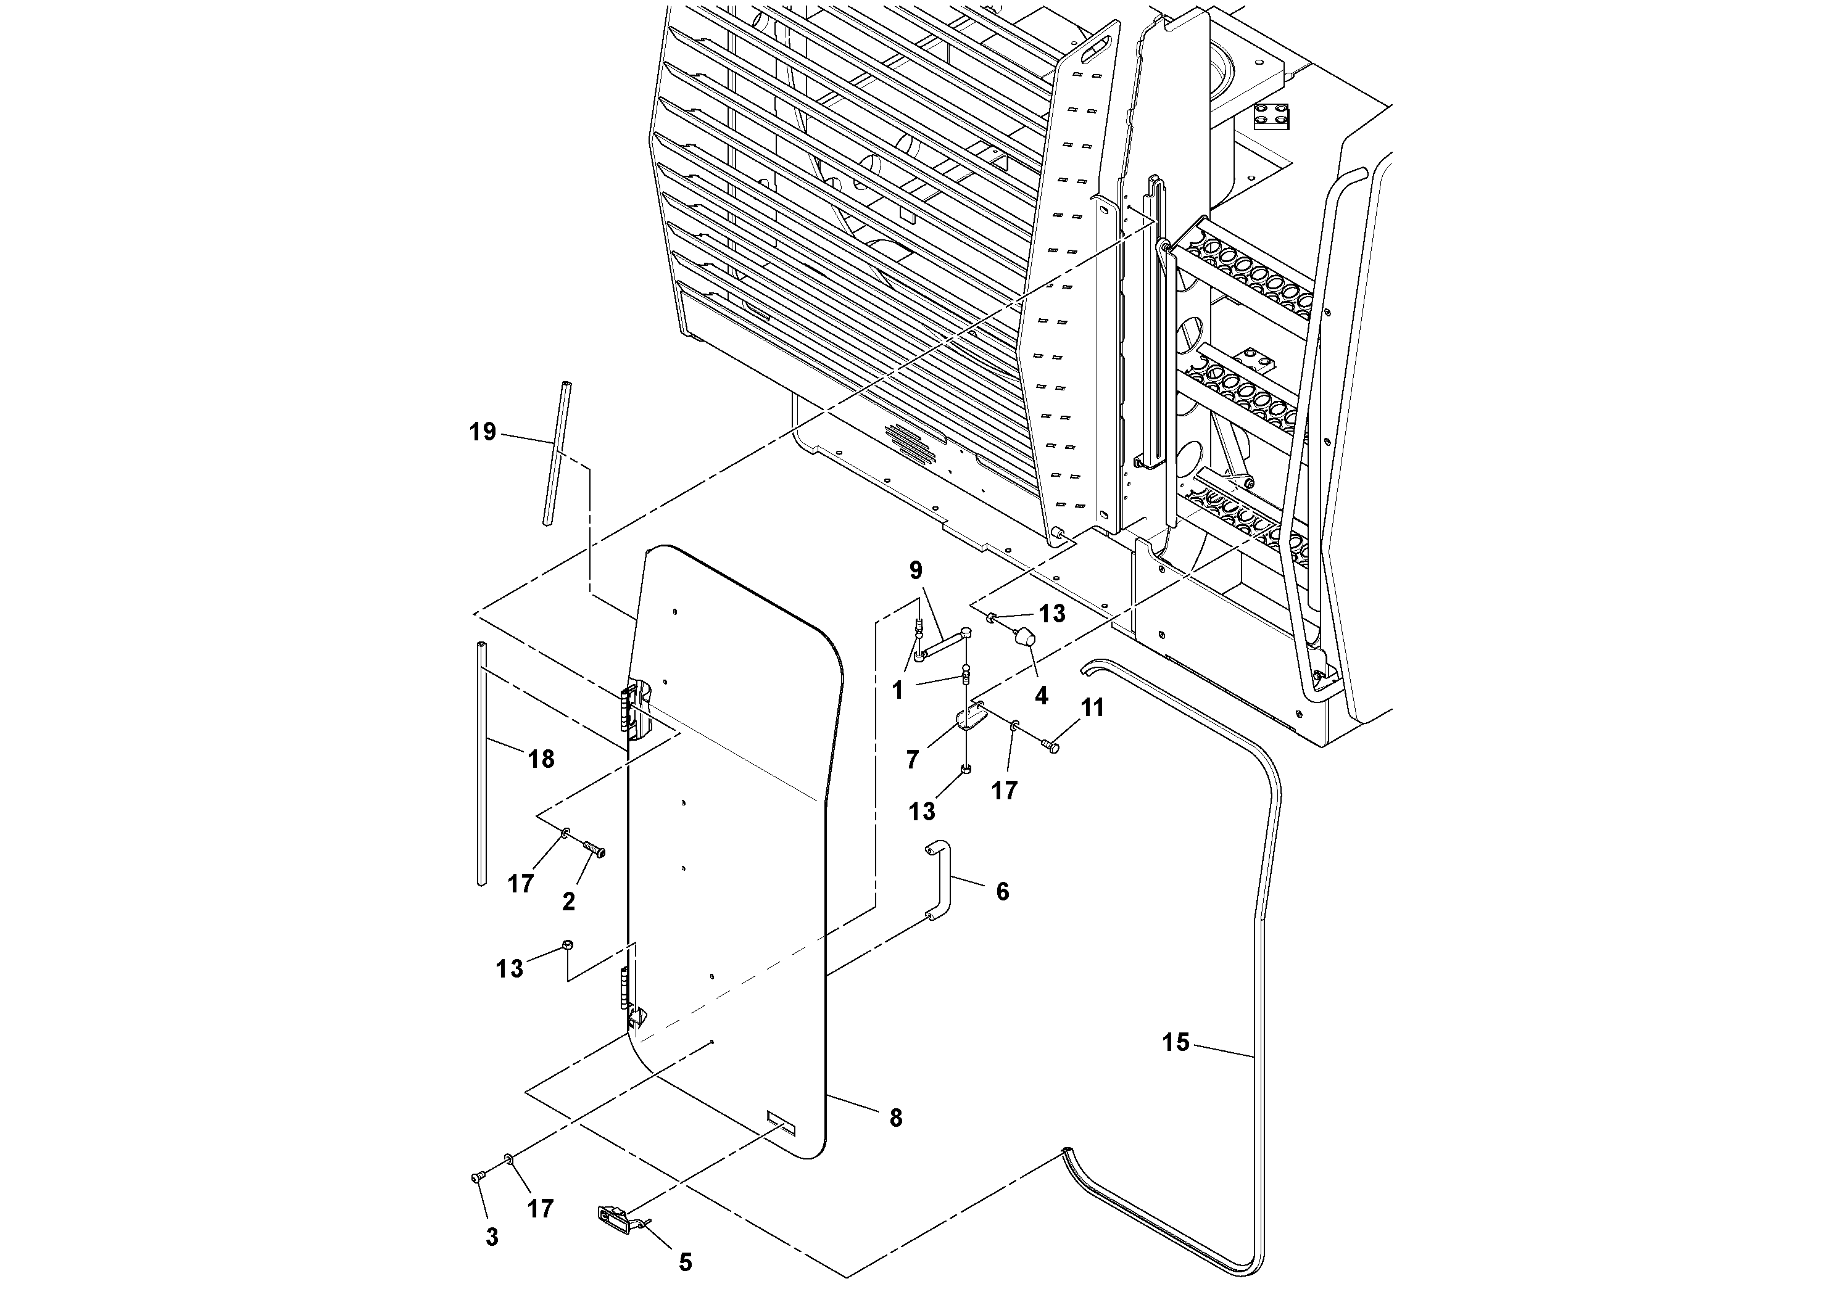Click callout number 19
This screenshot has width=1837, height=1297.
pyautogui.click(x=483, y=432)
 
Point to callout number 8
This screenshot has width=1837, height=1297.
pyautogui.click(x=895, y=1118)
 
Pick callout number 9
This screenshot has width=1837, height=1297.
pyautogui.click(x=916, y=570)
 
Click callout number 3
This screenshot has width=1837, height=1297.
pyautogui.click(x=491, y=1237)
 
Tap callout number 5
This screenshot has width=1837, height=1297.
pyautogui.click(x=686, y=1262)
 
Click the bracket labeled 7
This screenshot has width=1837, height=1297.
pyautogui.click(x=971, y=717)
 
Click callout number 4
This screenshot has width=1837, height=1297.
pyautogui.click(x=1041, y=696)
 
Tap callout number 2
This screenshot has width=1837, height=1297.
pyautogui.click(x=568, y=902)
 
